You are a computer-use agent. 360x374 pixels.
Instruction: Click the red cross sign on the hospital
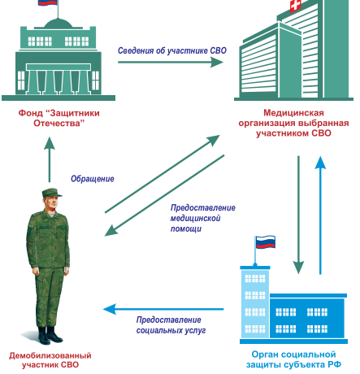pos(295,6)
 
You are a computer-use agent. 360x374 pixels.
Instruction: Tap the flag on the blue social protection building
pos(265,242)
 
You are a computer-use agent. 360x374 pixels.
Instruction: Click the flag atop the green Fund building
pos(48,2)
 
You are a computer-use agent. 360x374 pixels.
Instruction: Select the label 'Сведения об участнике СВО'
pos(172,50)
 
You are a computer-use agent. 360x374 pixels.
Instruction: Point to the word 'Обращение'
pos(93,179)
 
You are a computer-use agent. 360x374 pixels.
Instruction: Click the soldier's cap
pos(51,193)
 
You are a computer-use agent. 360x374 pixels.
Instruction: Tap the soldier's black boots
pos(50,335)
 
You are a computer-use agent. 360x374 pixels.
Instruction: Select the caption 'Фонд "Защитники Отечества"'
pos(59,118)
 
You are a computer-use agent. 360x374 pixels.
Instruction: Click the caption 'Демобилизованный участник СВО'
pos(50,360)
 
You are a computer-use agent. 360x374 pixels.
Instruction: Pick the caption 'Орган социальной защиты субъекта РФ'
pos(293,359)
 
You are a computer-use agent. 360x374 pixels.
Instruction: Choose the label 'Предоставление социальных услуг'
pos(171,325)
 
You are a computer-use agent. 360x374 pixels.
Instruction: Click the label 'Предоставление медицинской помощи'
pos(202,218)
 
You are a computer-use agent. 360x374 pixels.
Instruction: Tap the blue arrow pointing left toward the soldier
pos(163,309)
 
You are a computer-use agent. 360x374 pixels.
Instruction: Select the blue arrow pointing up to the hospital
pos(320,215)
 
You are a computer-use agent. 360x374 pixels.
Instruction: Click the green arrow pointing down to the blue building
pos(298,215)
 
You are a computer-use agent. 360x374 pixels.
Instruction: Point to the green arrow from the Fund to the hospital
pos(171,62)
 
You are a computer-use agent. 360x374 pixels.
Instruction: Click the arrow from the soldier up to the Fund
pos(50,159)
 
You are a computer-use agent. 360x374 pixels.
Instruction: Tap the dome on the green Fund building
pos(59,24)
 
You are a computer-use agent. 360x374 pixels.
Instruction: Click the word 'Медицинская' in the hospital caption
pos(293,112)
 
